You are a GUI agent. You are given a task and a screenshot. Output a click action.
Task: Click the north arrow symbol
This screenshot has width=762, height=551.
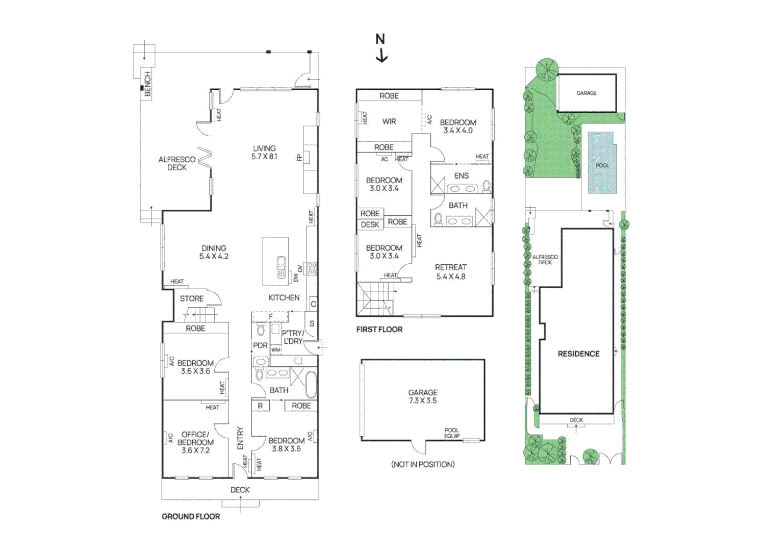pyautogui.click(x=381, y=48)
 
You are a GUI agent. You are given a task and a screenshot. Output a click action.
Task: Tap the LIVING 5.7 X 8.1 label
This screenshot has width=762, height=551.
pyautogui.click(x=264, y=153)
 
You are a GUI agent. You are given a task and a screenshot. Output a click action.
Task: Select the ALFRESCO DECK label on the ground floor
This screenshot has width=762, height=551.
pyautogui.click(x=176, y=163)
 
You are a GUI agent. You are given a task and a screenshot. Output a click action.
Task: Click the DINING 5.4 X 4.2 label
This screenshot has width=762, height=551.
pyautogui.click(x=214, y=252)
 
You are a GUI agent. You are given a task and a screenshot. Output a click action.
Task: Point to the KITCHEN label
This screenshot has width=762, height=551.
pyautogui.click(x=284, y=297)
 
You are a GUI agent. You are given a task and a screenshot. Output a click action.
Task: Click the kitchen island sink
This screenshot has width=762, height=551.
pyautogui.click(x=281, y=267)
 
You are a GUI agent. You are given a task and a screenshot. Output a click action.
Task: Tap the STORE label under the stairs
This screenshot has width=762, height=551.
pyautogui.click(x=191, y=298)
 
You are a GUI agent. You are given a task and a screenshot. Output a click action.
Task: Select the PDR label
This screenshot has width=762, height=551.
pyautogui.click(x=260, y=345)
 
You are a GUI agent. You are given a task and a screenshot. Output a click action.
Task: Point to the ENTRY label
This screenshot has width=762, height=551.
pyautogui.click(x=240, y=438)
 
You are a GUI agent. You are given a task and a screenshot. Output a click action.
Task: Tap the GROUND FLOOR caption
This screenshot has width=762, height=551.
pyautogui.click(x=191, y=516)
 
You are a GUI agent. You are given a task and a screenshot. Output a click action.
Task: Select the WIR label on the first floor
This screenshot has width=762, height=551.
pyautogui.click(x=389, y=121)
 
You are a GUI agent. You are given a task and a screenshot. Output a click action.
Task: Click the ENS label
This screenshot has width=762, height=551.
pyautogui.click(x=461, y=176)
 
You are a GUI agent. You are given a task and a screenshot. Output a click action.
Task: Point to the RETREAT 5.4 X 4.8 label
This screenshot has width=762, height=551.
pyautogui.click(x=450, y=271)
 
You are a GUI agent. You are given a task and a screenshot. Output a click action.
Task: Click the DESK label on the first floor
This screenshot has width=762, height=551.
pyautogui.click(x=370, y=224)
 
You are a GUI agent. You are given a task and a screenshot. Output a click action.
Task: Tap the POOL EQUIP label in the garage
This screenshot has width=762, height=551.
pyautogui.click(x=451, y=433)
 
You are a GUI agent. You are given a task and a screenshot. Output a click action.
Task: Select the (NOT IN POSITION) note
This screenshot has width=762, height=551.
pyautogui.click(x=423, y=464)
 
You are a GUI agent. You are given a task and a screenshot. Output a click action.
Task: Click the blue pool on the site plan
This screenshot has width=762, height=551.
pyautogui.click(x=602, y=163)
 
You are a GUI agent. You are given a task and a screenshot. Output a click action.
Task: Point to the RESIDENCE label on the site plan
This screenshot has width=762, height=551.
pyautogui.click(x=578, y=354)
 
